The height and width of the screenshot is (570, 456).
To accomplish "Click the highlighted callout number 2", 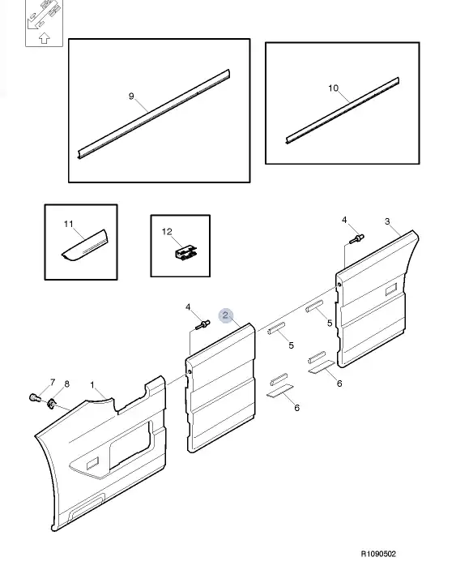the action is pos(225,315).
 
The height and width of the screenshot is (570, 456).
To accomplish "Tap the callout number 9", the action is pos(131,96).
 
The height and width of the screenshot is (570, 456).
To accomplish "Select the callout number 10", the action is pos(333,88).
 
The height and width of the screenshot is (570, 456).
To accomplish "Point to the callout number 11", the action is pos(69,224).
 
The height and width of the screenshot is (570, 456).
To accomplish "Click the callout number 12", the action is pos(167,232).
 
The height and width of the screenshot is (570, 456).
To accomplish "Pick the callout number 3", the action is pos(387,221).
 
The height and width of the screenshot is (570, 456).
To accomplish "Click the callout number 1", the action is pos(92,384).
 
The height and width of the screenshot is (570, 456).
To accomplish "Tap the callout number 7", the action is pos(53,382).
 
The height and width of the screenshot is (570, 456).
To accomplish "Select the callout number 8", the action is pos(66,384).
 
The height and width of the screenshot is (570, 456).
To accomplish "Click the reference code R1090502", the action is pos(378,554).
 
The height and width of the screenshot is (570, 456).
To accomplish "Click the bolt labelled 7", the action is pos(34,397).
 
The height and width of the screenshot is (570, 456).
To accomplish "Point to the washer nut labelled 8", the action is pos(51,403).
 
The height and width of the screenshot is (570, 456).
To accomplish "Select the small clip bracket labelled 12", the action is pos(186,252).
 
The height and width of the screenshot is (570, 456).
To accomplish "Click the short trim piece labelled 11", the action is pos(85,246).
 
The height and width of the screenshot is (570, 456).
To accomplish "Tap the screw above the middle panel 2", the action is pos(202,324).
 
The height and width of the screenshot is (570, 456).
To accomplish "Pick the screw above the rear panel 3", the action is pos(356,239).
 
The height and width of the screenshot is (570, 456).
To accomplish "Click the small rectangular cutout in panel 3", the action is pos(391,289).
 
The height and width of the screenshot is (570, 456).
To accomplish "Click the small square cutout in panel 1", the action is pos(92,464).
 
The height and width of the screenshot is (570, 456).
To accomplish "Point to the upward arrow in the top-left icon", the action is pos(44,37).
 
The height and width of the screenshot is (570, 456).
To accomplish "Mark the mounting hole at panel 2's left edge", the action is pos(190,372).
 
